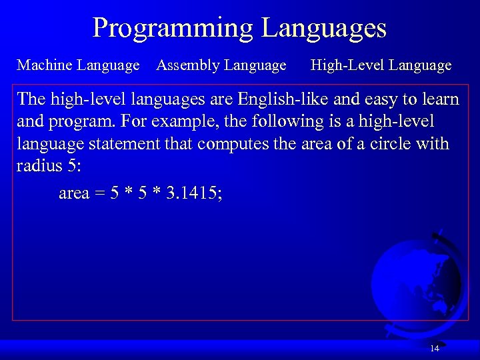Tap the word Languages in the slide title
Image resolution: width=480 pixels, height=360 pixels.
click(x=324, y=28)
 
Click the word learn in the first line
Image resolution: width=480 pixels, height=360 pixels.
click(x=437, y=99)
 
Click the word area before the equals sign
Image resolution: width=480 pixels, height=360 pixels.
click(x=74, y=195)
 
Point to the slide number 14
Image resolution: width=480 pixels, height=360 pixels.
click(x=435, y=349)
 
